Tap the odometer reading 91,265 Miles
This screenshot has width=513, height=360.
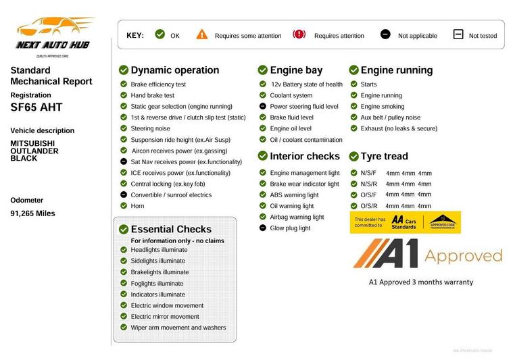click(32, 213)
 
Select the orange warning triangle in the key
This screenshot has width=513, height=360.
click(202, 34)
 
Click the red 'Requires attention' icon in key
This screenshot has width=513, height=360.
click(299, 34)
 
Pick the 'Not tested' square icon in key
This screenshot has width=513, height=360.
click(458, 34)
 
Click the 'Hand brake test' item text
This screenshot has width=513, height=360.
click(152, 95)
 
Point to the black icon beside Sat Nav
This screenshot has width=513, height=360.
click(124, 162)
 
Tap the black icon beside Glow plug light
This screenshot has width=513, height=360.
click(263, 228)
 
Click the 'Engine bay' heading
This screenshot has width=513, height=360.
click(296, 70)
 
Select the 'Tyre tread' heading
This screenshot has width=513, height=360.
click(384, 156)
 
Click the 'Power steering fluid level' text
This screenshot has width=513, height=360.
click(304, 106)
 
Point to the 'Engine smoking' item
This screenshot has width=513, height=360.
click(383, 106)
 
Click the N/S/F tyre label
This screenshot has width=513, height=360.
click(369, 173)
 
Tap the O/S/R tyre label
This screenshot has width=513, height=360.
click(369, 206)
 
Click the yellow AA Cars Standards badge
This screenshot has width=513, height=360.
click(404, 222)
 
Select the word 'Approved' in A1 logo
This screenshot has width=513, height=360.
click(463, 255)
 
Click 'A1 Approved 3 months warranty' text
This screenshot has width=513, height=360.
click(420, 282)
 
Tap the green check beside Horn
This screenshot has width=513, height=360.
click(124, 206)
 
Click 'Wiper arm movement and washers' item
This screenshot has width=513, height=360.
click(178, 328)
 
